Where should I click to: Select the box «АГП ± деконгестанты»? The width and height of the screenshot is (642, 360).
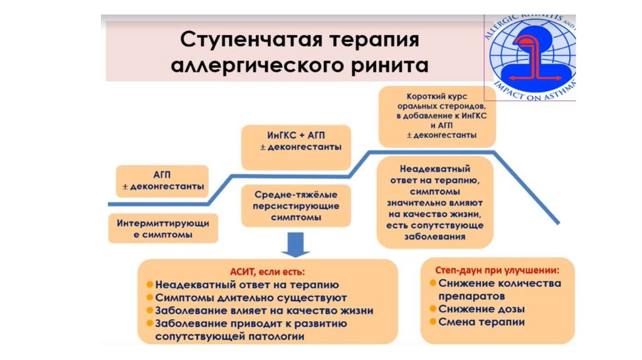tap(162, 180)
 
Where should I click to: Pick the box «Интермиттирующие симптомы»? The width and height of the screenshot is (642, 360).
tap(162, 229)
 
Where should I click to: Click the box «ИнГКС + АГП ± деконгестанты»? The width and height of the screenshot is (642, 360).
tap(296, 147)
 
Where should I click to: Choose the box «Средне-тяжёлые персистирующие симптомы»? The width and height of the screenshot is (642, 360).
tap(297, 206)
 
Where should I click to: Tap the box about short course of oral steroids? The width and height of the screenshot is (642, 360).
tap(437, 117)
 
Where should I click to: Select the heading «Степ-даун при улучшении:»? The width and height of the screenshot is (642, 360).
tap(497, 270)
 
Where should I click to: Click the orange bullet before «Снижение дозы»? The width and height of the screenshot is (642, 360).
tap(433, 309)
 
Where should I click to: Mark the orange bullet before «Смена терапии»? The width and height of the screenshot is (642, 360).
tap(433, 322)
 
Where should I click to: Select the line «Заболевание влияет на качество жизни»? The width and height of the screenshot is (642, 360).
tap(264, 310)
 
